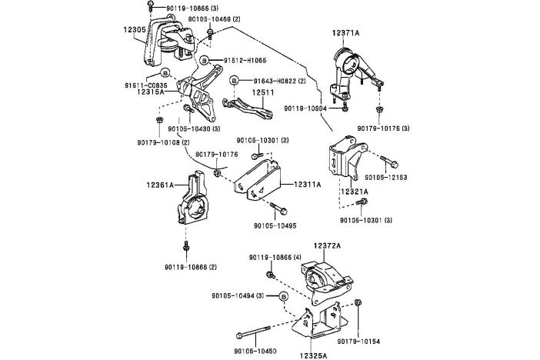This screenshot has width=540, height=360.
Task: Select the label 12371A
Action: pos(348,34)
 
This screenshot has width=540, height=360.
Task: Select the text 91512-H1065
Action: pos(245,59)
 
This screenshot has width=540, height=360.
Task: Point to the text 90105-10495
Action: pos(275,225)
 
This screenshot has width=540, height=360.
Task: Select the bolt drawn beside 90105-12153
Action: pos(387,162)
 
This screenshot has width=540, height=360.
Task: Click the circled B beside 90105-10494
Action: pos(283,295)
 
